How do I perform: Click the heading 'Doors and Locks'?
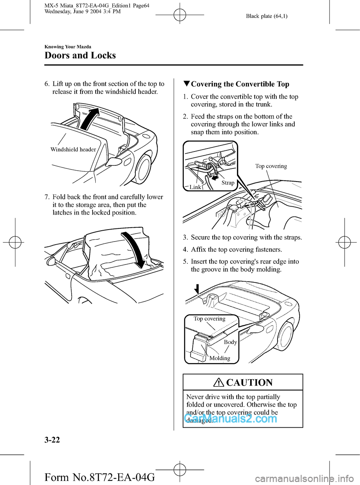click(x=80, y=56)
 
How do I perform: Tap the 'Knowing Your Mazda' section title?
click(x=67, y=47)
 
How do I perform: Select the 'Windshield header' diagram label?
click(x=73, y=149)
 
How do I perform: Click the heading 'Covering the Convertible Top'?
click(x=240, y=84)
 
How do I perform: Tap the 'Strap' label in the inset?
click(x=228, y=183)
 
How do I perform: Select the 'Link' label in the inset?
click(x=195, y=187)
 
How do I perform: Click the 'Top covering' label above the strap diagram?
click(x=271, y=166)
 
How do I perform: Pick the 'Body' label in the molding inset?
click(x=230, y=342)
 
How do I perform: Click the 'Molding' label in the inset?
click(x=220, y=358)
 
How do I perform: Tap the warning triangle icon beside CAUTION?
click(x=219, y=383)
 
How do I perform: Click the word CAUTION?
click(x=249, y=383)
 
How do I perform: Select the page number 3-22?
click(x=52, y=440)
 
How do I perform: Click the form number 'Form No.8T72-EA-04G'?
click(x=99, y=477)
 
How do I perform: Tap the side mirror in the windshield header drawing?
click(x=115, y=162)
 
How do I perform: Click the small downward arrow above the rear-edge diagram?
click(x=196, y=289)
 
